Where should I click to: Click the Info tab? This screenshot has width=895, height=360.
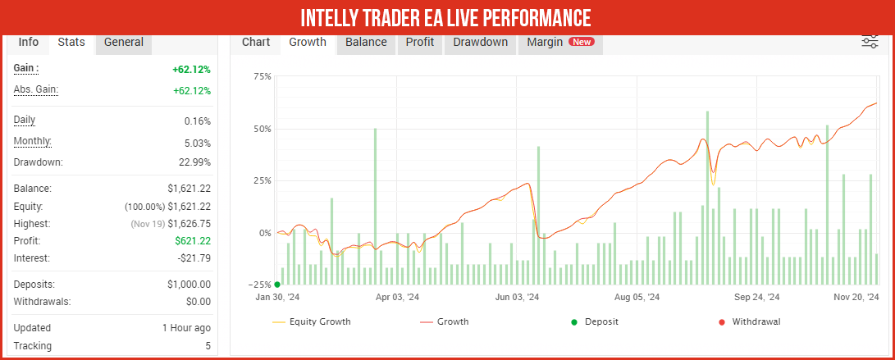29,43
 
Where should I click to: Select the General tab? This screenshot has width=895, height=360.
124,43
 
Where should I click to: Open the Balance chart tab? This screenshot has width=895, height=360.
366,43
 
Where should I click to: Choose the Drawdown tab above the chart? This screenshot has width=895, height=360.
480,43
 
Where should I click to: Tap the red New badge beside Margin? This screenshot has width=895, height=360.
582,43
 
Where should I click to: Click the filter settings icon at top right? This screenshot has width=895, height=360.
870,43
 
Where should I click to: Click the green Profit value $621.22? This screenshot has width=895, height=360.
193,241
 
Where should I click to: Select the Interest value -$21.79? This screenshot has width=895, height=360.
193,258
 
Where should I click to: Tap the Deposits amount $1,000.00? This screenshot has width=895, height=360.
189,285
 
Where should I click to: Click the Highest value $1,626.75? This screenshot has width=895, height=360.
189,224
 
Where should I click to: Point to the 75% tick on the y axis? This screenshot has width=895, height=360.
263,77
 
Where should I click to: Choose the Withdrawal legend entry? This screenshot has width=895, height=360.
756,321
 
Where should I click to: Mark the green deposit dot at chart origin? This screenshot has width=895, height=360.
277,285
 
